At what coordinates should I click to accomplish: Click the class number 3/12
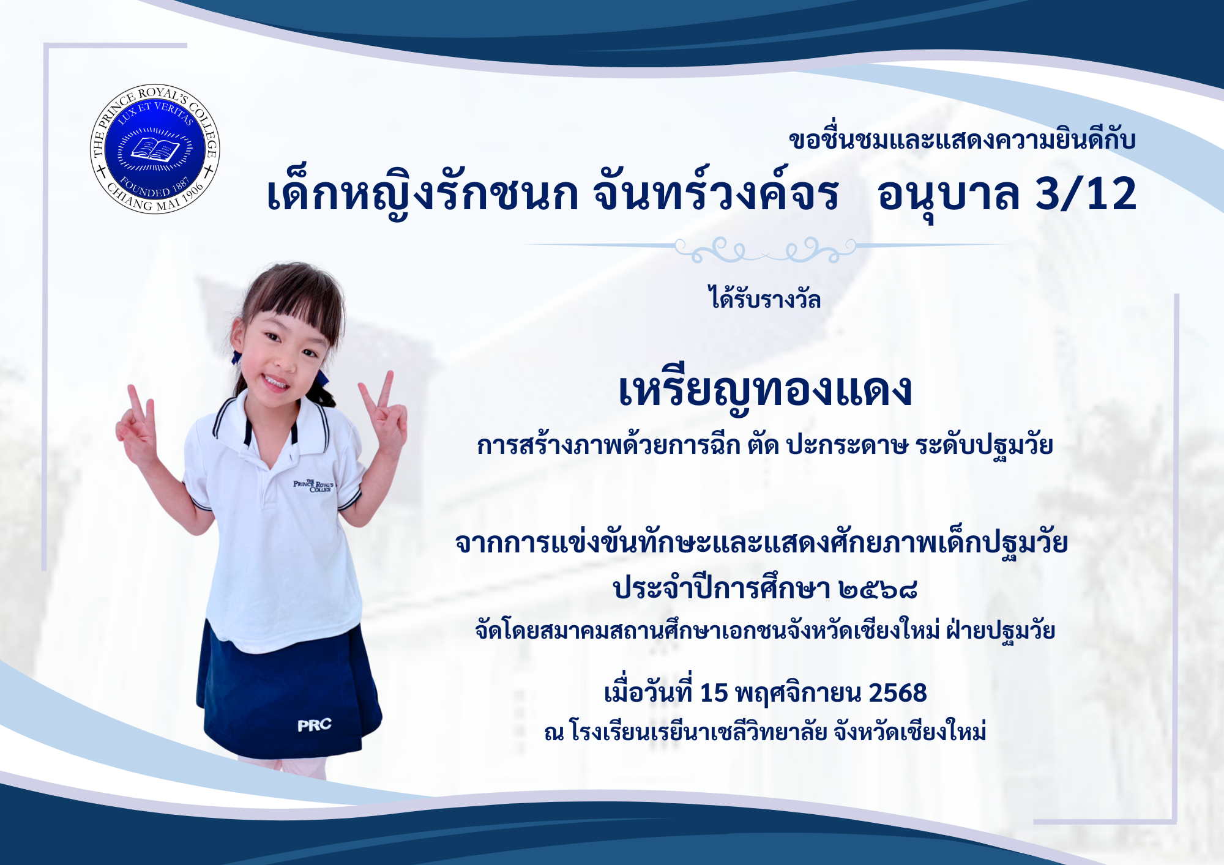[x=1086, y=194]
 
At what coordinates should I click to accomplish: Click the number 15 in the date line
[x=714, y=693]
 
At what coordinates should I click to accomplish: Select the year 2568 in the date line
[x=898, y=693]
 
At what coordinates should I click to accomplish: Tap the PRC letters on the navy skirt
[x=315, y=725]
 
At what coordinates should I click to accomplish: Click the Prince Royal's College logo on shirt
[x=313, y=486]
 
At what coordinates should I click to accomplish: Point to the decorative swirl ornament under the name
[x=765, y=249]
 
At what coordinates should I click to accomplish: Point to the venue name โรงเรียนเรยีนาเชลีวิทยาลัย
[x=698, y=730]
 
